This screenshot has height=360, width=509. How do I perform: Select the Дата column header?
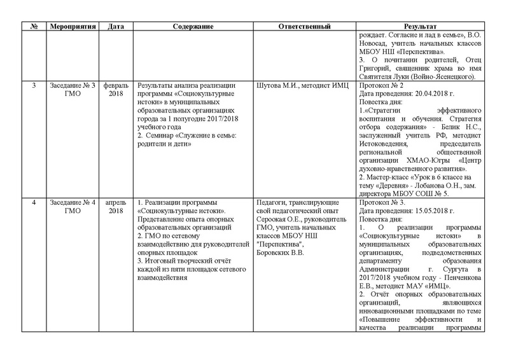(116, 27)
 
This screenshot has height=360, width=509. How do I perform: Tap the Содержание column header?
(192, 27)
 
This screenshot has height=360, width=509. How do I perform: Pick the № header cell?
(32, 27)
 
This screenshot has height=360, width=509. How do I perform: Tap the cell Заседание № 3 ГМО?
(75, 89)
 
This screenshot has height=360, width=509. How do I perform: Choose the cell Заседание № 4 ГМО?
(75, 206)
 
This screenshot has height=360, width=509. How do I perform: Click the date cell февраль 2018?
(116, 89)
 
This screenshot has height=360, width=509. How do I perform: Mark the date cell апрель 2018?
(116, 206)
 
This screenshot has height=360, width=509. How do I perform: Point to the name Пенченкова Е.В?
(445, 277)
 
